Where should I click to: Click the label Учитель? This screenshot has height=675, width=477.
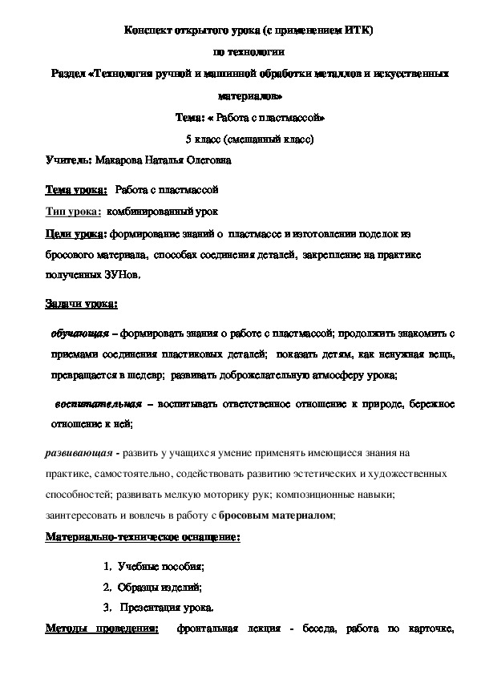pos(68,160)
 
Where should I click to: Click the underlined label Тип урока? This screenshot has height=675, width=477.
pos(73,212)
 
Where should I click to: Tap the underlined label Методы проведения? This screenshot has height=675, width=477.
pos(102,629)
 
